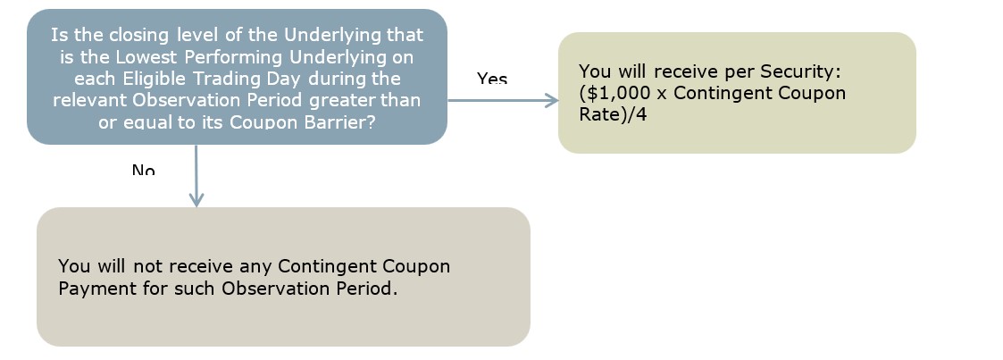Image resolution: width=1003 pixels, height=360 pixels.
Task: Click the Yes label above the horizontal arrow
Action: (x=492, y=79)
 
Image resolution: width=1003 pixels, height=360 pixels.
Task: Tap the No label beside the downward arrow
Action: (x=143, y=170)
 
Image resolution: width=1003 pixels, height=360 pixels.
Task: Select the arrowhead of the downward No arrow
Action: (x=196, y=199)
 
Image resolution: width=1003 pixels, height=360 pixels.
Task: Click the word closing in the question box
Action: (x=138, y=35)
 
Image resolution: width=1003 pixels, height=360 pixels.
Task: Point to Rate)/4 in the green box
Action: (x=613, y=115)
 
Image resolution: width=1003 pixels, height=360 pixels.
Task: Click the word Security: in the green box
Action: (x=799, y=71)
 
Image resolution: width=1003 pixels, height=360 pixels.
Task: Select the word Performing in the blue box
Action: (x=234, y=57)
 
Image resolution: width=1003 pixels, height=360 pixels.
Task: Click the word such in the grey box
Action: (x=196, y=289)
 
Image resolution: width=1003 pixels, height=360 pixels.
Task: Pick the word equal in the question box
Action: (x=146, y=122)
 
